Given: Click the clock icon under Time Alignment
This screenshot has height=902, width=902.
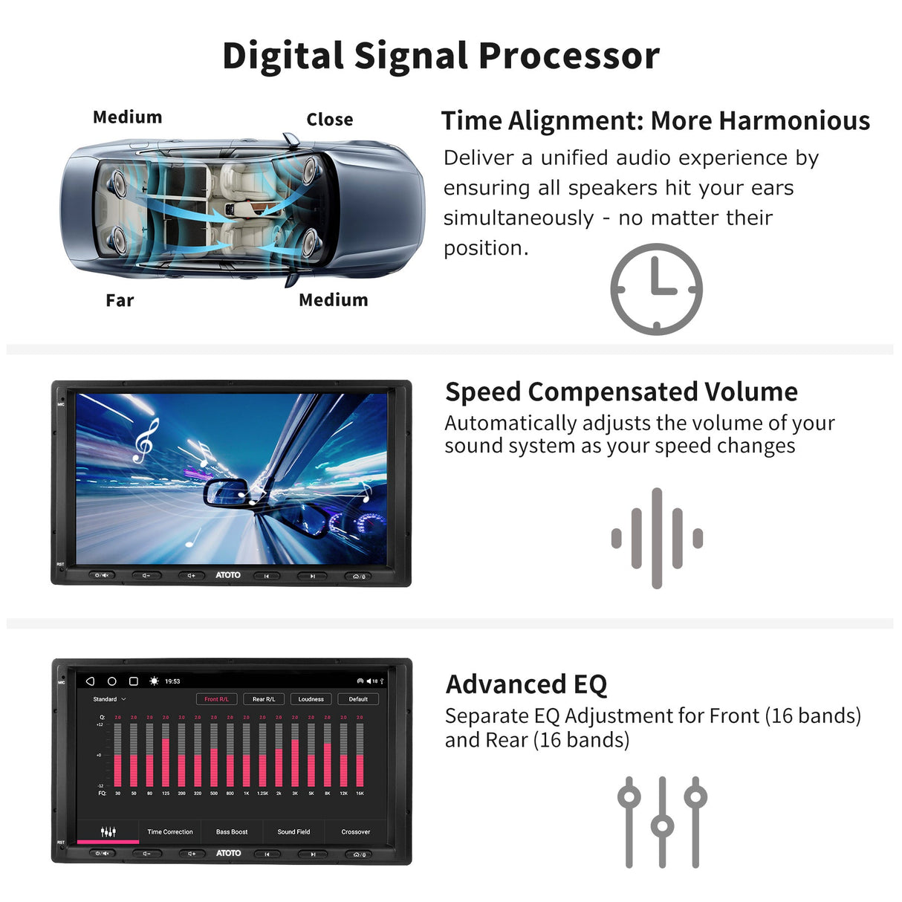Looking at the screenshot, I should (x=656, y=289).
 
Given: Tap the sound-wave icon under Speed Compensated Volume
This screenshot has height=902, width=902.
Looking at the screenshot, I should (x=657, y=538).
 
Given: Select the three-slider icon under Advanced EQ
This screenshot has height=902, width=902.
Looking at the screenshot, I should (x=662, y=822).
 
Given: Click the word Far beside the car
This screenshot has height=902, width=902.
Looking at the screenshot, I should (x=120, y=300).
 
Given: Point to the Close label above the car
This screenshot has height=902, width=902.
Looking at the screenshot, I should (x=329, y=120).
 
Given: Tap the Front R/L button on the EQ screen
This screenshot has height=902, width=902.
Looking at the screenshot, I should (x=216, y=699).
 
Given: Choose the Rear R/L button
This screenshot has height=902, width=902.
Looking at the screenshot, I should (x=264, y=699).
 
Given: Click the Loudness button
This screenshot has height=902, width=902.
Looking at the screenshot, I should (x=311, y=699).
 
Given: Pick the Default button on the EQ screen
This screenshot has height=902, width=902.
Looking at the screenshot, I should (x=358, y=699).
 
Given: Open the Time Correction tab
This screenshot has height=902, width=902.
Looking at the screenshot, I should (x=170, y=831).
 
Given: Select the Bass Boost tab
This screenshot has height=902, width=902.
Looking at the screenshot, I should (x=232, y=831).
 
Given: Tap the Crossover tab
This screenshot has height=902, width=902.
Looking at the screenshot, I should (x=356, y=831).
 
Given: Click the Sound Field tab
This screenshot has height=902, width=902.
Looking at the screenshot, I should (x=293, y=831).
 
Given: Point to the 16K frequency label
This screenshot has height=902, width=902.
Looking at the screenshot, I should (x=360, y=794).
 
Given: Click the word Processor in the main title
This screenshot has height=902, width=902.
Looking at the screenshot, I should (x=568, y=56).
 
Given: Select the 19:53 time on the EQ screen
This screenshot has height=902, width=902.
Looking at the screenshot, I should (x=172, y=681).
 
